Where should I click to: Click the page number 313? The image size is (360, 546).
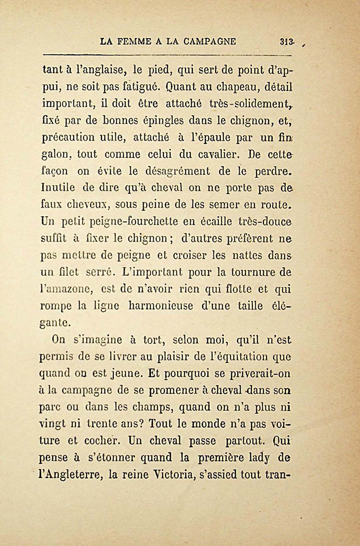point(287,41)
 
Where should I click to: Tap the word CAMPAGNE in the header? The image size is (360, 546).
point(210,41)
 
